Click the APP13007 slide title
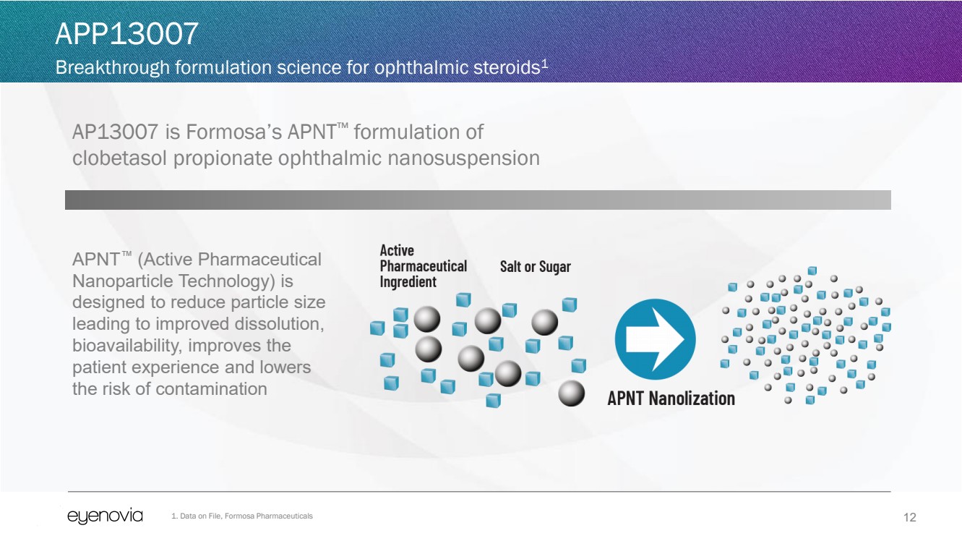point(126,35)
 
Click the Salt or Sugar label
point(535,267)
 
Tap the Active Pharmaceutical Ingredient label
point(423,266)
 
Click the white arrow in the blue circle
point(655,339)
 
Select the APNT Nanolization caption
point(671,398)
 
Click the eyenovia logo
point(105,516)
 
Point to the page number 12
point(910,517)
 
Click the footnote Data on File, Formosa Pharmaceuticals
point(242,516)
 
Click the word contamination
point(211,389)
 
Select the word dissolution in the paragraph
point(282,324)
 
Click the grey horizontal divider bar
point(477,200)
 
